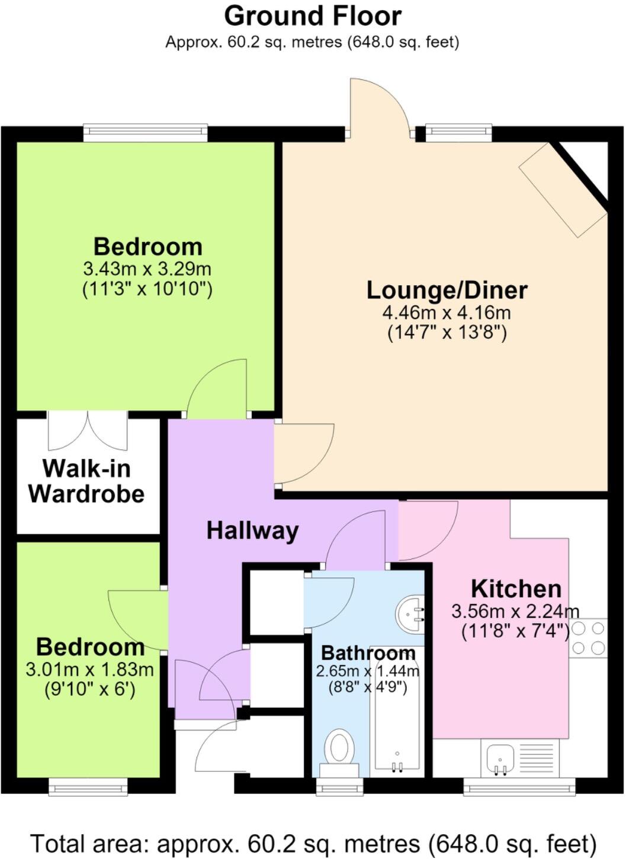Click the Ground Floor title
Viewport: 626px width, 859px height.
tap(313, 17)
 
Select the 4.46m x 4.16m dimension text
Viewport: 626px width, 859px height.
tap(447, 313)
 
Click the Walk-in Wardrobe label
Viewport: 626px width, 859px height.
tap(86, 481)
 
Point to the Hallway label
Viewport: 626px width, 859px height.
tap(252, 531)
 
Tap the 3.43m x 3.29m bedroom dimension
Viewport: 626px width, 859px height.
tap(147, 269)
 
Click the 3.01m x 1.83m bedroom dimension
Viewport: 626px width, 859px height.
tap(90, 669)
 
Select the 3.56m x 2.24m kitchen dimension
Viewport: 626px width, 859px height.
tap(515, 611)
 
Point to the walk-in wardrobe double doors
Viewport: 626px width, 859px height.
tap(88, 430)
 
